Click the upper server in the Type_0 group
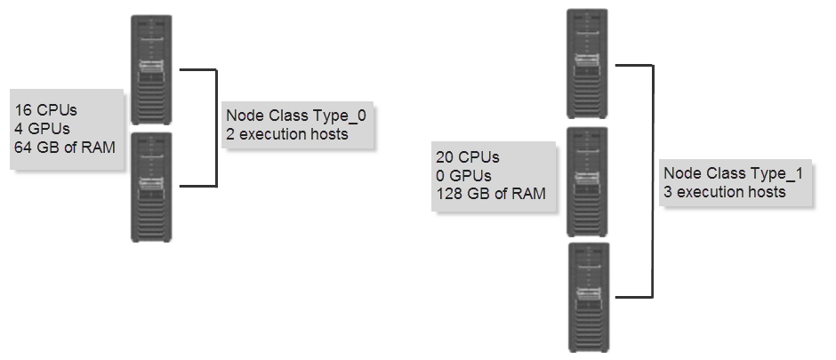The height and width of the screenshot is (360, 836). (151, 69)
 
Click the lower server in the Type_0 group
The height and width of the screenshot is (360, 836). (151, 187)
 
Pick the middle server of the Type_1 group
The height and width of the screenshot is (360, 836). (587, 181)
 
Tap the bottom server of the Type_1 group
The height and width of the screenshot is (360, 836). (587, 298)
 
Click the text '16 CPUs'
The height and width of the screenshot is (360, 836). (46, 111)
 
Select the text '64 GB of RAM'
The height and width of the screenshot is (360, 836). (65, 147)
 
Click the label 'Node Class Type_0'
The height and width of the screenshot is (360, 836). (296, 116)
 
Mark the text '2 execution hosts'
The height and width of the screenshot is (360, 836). (287, 134)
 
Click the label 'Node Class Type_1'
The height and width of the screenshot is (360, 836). (733, 173)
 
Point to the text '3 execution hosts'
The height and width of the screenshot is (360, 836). (724, 192)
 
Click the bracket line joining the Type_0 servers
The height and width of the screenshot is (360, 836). (216, 127)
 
